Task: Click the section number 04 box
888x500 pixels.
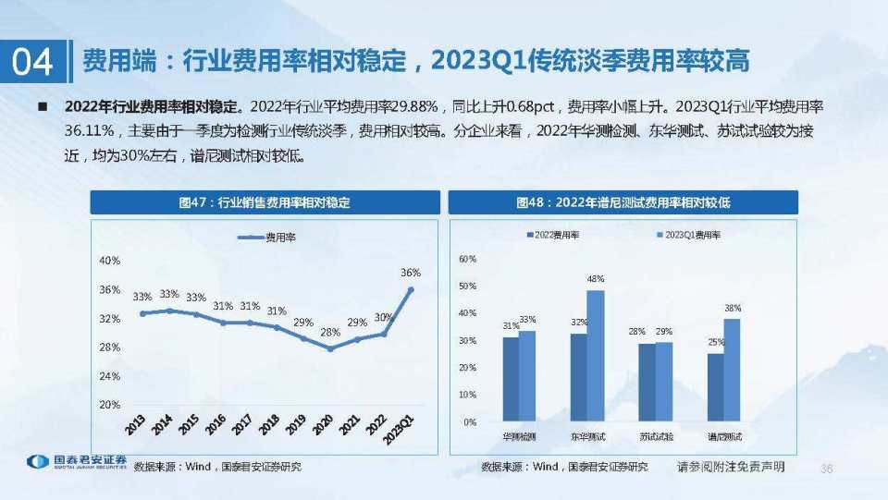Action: tap(33, 61)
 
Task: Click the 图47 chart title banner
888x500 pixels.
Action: tap(265, 202)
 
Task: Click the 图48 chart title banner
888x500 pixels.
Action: tap(623, 202)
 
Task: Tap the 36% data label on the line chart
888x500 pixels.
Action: tap(411, 273)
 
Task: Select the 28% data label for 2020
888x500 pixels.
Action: tap(330, 332)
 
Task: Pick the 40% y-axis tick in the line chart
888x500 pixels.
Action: tap(110, 261)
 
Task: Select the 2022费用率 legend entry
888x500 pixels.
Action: tap(553, 236)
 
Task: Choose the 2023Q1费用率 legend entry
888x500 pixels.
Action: tap(688, 236)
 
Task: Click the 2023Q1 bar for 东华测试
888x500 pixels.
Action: tap(595, 356)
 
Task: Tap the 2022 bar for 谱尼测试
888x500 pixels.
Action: tap(715, 387)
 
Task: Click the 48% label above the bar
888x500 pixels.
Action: tap(596, 279)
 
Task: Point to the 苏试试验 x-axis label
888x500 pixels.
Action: tap(655, 435)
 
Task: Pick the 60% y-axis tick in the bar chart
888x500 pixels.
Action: tap(467, 260)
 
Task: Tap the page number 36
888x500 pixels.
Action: tap(827, 470)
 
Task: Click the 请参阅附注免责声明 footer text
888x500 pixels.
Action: tap(731, 467)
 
